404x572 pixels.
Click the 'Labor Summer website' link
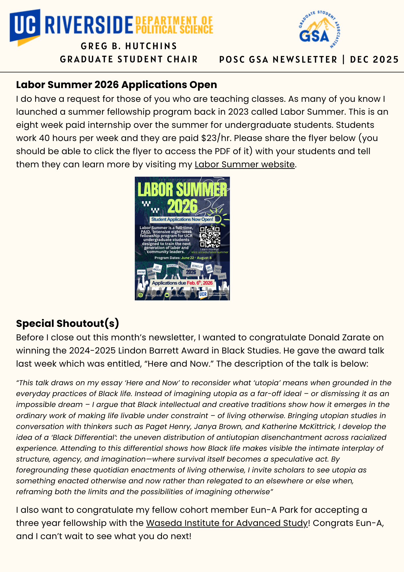coord(245,164)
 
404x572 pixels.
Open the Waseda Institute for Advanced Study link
coord(227,523)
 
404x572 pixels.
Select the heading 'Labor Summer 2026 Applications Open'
coord(117,85)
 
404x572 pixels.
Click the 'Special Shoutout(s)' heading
coord(67,323)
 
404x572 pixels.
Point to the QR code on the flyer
coord(210,237)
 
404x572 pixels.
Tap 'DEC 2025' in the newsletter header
coord(374,59)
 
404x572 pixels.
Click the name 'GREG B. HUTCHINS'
coord(129,46)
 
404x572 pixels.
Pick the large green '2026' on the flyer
coord(182,206)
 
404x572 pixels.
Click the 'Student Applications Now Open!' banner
coord(182,219)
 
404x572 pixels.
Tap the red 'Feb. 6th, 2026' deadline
coord(200,283)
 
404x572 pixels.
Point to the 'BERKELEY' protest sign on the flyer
coord(197,266)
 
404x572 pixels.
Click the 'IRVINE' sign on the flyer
coord(141,272)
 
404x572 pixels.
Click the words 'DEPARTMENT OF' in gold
coord(174,21)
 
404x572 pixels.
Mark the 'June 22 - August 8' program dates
coord(196,258)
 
